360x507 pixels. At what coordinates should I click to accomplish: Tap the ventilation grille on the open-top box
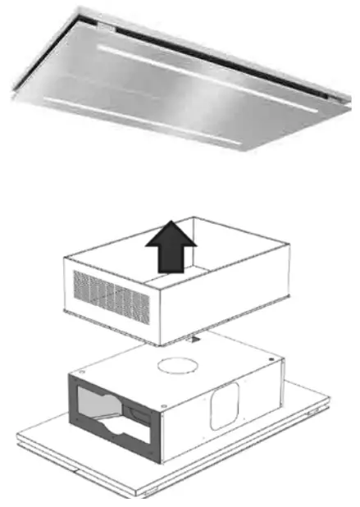[111, 296]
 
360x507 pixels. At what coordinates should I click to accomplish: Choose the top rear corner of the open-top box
[194, 217]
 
